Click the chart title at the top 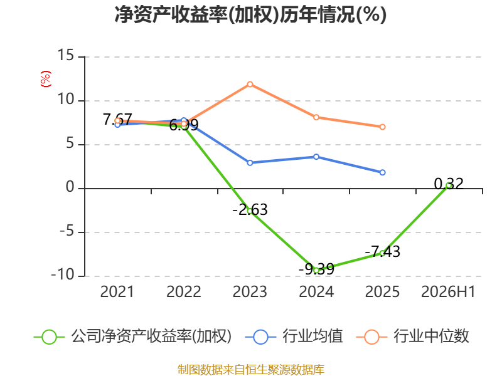[250, 14]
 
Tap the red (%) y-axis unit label [45, 79]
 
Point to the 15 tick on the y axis [66, 55]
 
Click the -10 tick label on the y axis [63, 274]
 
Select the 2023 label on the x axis [250, 291]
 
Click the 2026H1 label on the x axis [448, 291]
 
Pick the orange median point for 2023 [250, 84]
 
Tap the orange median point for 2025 [382, 127]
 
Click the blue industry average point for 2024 [316, 157]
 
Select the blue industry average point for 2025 [382, 172]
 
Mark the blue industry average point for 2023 [250, 163]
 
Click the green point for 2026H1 [449, 185]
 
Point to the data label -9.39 [316, 269]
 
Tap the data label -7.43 [383, 252]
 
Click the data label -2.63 [250, 210]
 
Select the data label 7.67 [117, 120]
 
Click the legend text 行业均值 [312, 336]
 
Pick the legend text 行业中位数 [431, 336]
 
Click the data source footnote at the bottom [251, 370]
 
